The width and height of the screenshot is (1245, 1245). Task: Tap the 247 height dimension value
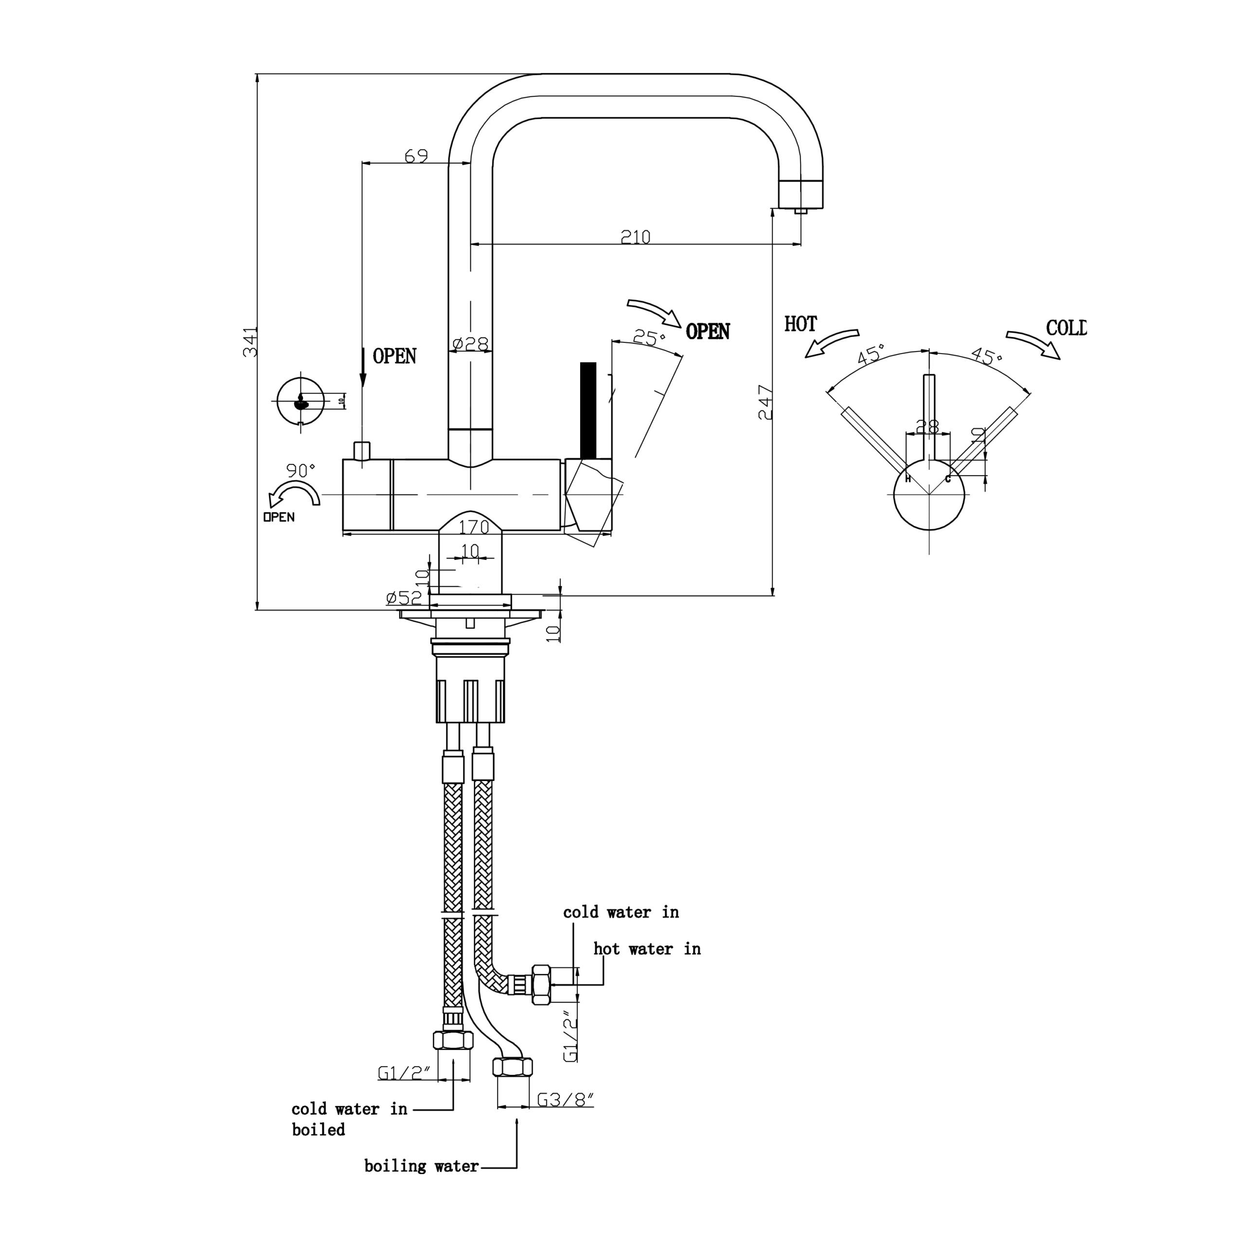765,402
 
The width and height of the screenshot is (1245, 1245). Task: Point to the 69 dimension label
416,156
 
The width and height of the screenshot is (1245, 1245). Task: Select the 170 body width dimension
474,527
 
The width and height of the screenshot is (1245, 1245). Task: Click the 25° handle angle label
648,338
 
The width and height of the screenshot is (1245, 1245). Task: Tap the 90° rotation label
301,470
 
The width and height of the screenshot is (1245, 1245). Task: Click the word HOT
800,324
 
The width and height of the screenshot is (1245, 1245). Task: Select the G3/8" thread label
565,1100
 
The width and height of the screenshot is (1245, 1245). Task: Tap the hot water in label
646,948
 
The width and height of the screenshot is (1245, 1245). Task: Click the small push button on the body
362,451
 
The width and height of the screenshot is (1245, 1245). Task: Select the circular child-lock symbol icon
300,401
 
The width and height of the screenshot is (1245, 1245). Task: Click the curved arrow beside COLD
1033,343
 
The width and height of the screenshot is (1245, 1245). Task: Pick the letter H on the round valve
908,479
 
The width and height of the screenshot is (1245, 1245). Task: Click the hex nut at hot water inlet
541,985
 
